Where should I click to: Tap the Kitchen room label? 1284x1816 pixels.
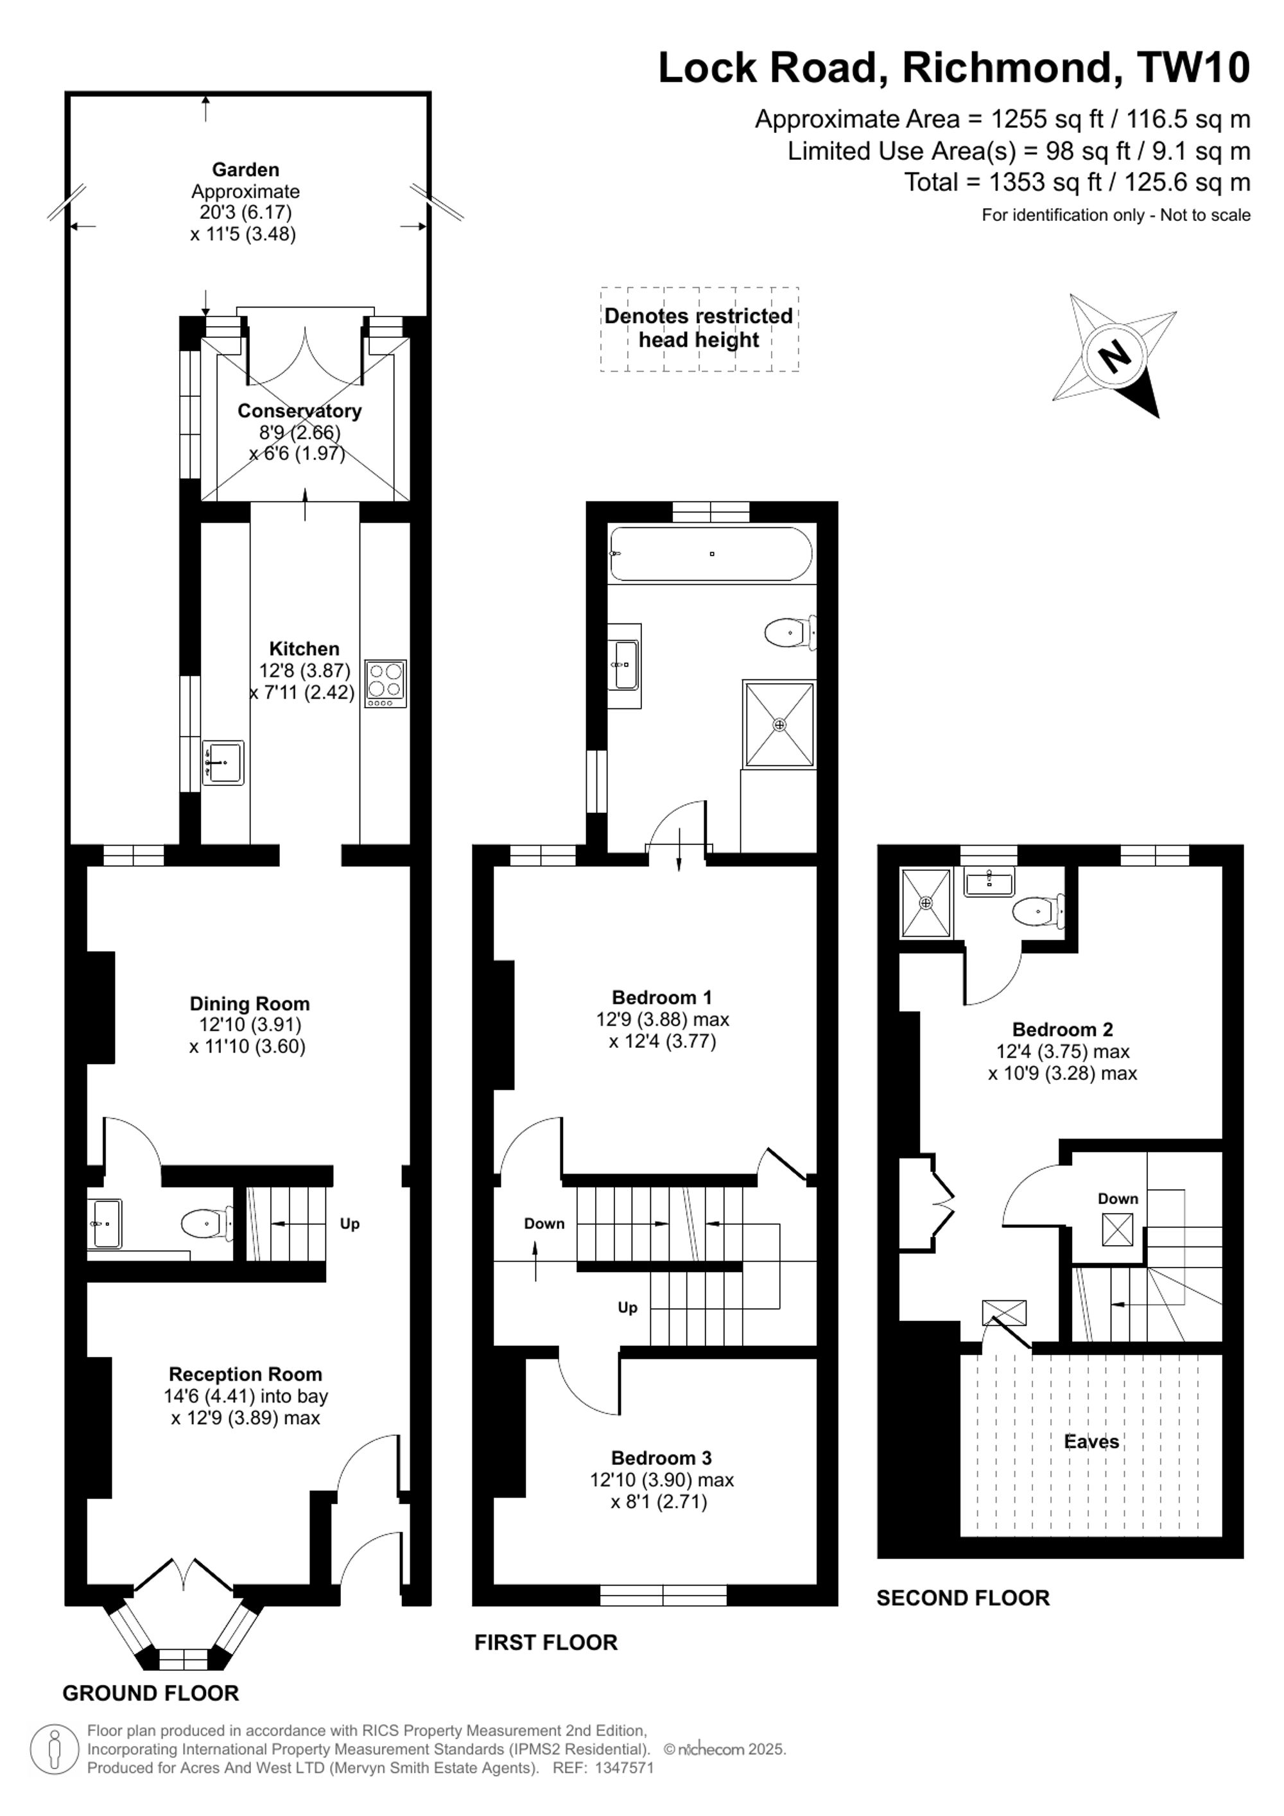pos(304,649)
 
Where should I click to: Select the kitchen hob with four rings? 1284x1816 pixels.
pos(386,683)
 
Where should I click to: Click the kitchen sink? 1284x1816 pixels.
pos(223,762)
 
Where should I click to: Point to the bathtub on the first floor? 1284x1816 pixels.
pos(711,554)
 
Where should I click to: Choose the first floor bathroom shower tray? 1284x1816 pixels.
pos(779,724)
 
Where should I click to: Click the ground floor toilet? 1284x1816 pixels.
pos(206,1225)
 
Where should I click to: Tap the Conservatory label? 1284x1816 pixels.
pos(300,410)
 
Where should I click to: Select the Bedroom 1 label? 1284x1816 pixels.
pos(662,997)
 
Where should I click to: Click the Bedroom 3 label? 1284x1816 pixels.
pos(662,1458)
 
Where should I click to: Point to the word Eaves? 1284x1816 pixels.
pos(1091,1441)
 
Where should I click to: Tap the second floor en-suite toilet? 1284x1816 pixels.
pos(1038,911)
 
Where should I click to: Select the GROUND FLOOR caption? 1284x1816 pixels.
pos(151,1693)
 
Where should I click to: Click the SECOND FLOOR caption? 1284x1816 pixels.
pos(963,1598)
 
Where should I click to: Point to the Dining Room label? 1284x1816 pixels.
pos(250,1004)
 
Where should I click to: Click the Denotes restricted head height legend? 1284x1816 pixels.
pos(699,328)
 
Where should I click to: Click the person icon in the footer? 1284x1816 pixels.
pos(55,1749)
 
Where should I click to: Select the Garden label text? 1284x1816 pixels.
pos(245,170)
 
